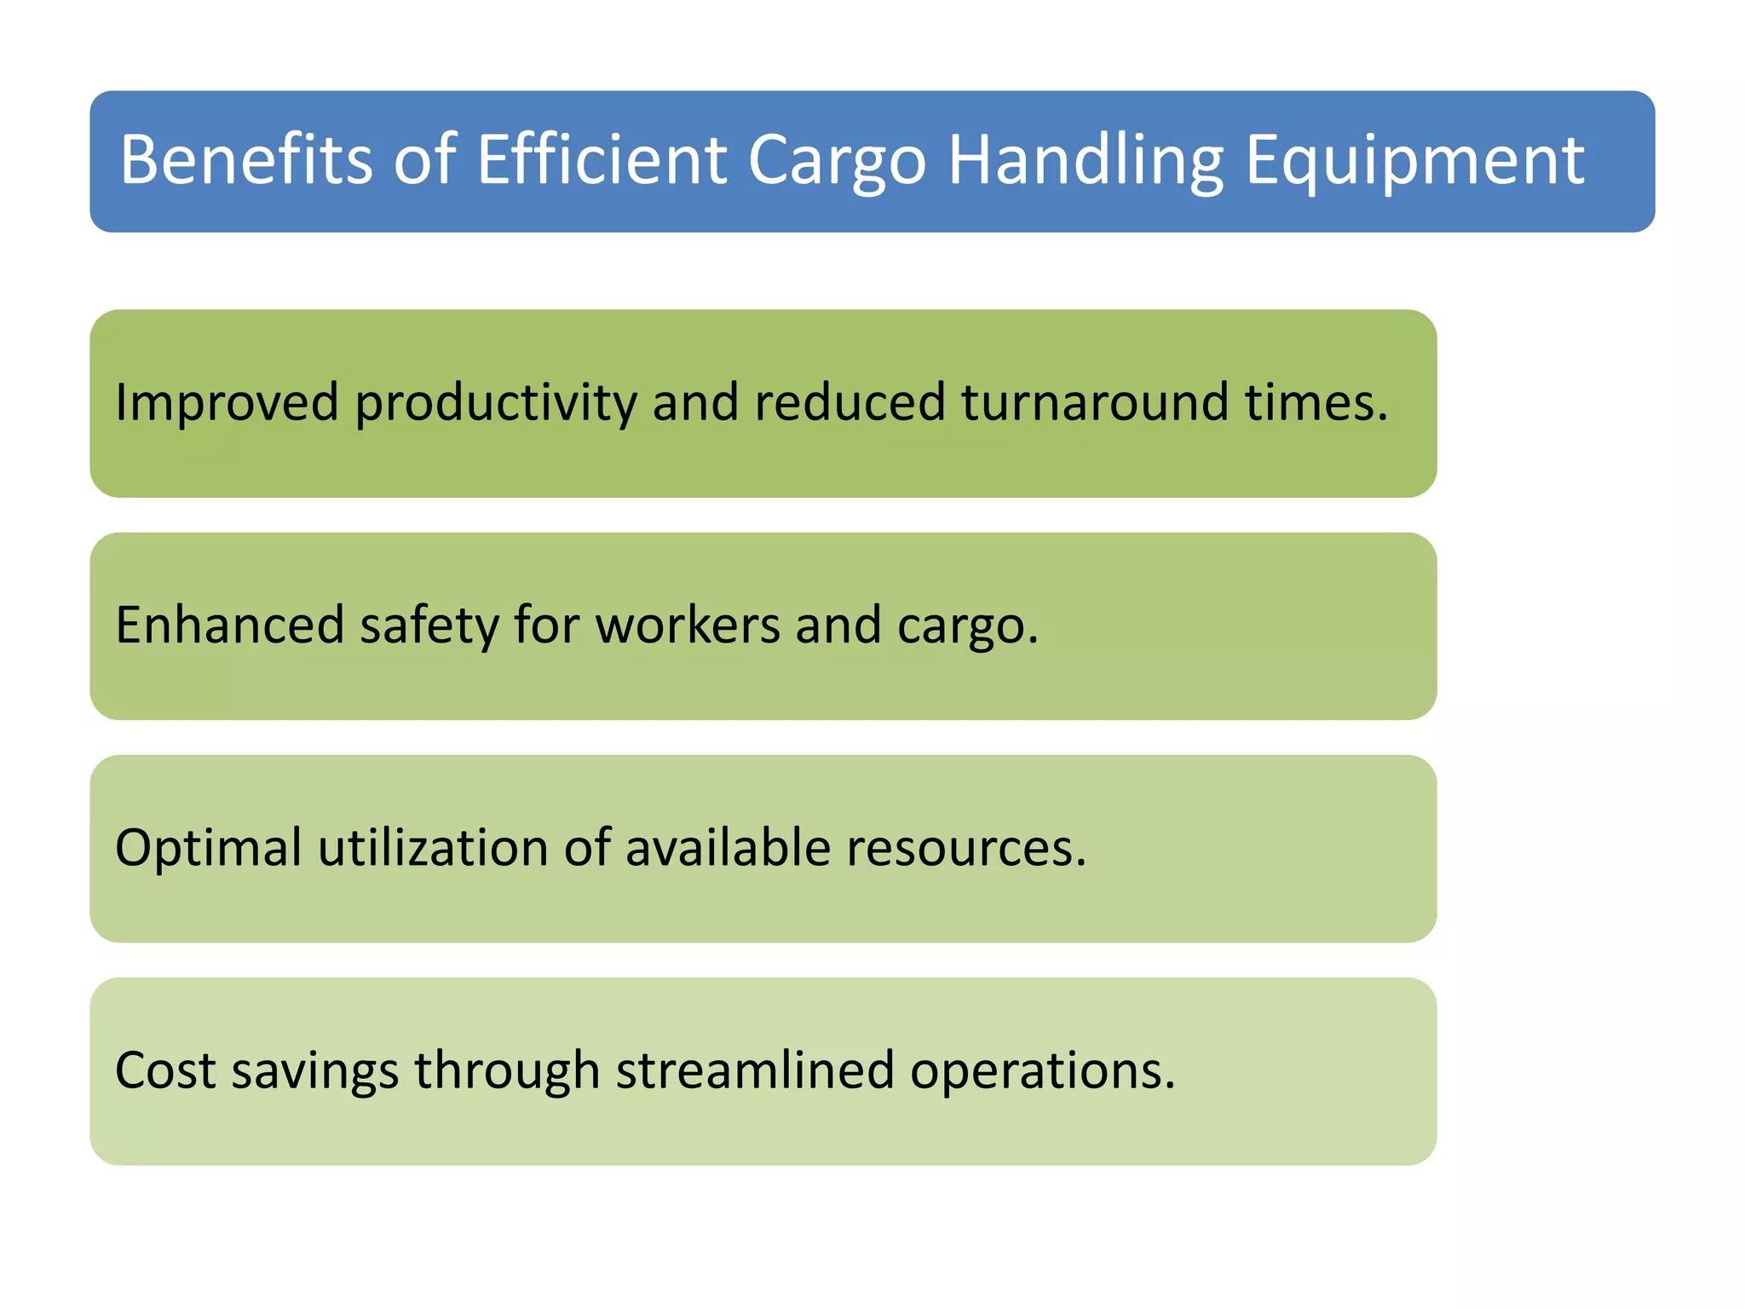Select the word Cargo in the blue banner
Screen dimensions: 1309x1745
click(x=837, y=162)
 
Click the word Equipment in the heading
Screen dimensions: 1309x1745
click(x=1414, y=162)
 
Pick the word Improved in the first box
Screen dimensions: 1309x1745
click(x=227, y=402)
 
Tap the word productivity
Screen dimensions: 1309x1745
click(x=495, y=404)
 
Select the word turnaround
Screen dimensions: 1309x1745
click(x=1095, y=402)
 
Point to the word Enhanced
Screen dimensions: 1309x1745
click(x=229, y=625)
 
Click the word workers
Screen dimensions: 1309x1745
click(x=687, y=625)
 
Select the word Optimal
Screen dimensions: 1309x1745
click(x=209, y=849)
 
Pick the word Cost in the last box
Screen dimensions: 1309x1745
click(x=165, y=1070)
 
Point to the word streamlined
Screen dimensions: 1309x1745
click(x=755, y=1070)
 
